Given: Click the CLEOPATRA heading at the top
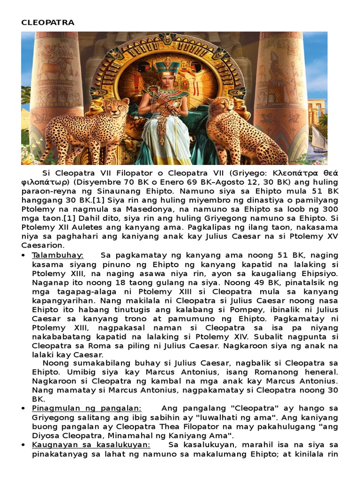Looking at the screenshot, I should point(47,22).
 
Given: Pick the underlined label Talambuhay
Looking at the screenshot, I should point(57,255).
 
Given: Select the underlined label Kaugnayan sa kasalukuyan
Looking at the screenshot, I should point(91,444).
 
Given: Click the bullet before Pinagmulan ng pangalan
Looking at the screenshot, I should point(23,409).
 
